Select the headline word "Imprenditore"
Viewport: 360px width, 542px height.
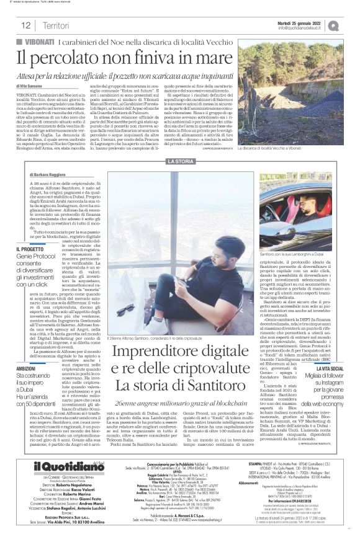pos(151,353)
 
